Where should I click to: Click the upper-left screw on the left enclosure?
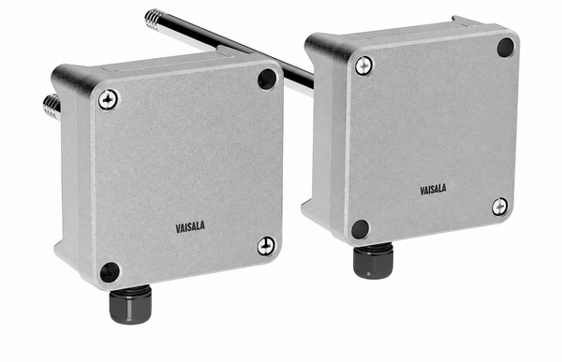(x=108, y=99)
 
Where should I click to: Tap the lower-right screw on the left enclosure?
(x=266, y=246)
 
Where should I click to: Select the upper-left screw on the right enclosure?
(x=363, y=65)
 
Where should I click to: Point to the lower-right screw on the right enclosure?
(x=499, y=207)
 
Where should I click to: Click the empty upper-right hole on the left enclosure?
(x=267, y=79)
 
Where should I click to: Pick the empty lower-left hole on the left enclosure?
(x=110, y=272)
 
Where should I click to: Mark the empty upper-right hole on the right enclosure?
(x=506, y=47)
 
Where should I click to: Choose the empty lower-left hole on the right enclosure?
(x=361, y=229)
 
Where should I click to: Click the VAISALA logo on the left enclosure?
(x=190, y=227)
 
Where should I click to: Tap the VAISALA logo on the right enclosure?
(x=433, y=189)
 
